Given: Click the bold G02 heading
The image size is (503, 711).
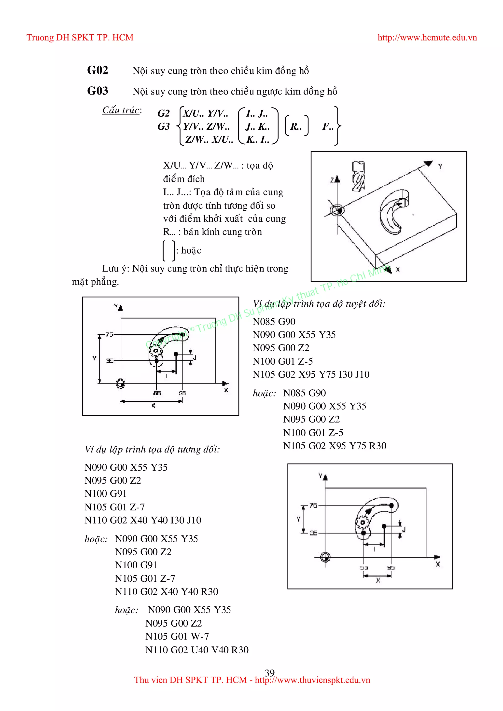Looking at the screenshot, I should (98, 70).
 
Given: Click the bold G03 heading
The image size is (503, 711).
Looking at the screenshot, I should (98, 91).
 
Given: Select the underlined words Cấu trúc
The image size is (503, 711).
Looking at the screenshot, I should (121, 110).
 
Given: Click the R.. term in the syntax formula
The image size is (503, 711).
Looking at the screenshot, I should (296, 126).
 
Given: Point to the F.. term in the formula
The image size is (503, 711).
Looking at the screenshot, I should (328, 126).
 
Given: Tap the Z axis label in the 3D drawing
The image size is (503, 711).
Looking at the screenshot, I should (332, 180).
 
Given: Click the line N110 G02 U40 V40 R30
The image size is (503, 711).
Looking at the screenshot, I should (197, 650).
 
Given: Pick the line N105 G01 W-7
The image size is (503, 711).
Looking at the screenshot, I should (177, 636).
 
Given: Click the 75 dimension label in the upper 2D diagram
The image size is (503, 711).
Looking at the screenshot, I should (109, 334).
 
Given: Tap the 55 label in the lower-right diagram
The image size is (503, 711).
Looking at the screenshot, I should (364, 568).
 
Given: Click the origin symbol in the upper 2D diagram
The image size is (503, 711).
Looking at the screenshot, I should (121, 383).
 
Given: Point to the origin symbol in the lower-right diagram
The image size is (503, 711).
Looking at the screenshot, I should (325, 557).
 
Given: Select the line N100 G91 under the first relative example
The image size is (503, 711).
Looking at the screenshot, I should (105, 494).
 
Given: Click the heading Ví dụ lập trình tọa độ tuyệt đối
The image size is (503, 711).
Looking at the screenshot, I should (319, 304).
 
